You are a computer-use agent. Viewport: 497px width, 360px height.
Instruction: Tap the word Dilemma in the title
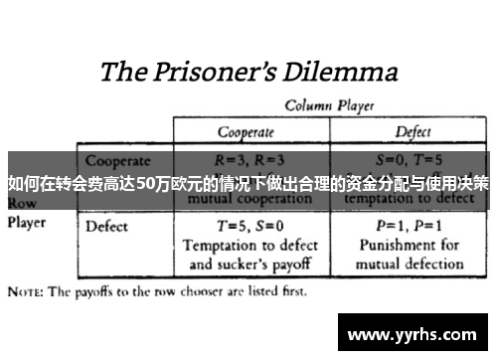click(x=340, y=72)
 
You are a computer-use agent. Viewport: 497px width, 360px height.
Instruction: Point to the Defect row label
click(x=106, y=227)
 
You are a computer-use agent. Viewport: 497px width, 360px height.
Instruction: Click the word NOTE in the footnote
click(x=26, y=292)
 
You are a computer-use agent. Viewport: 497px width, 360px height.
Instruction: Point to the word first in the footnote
click(x=291, y=292)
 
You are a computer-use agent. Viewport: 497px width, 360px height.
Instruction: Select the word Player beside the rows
click(x=28, y=222)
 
